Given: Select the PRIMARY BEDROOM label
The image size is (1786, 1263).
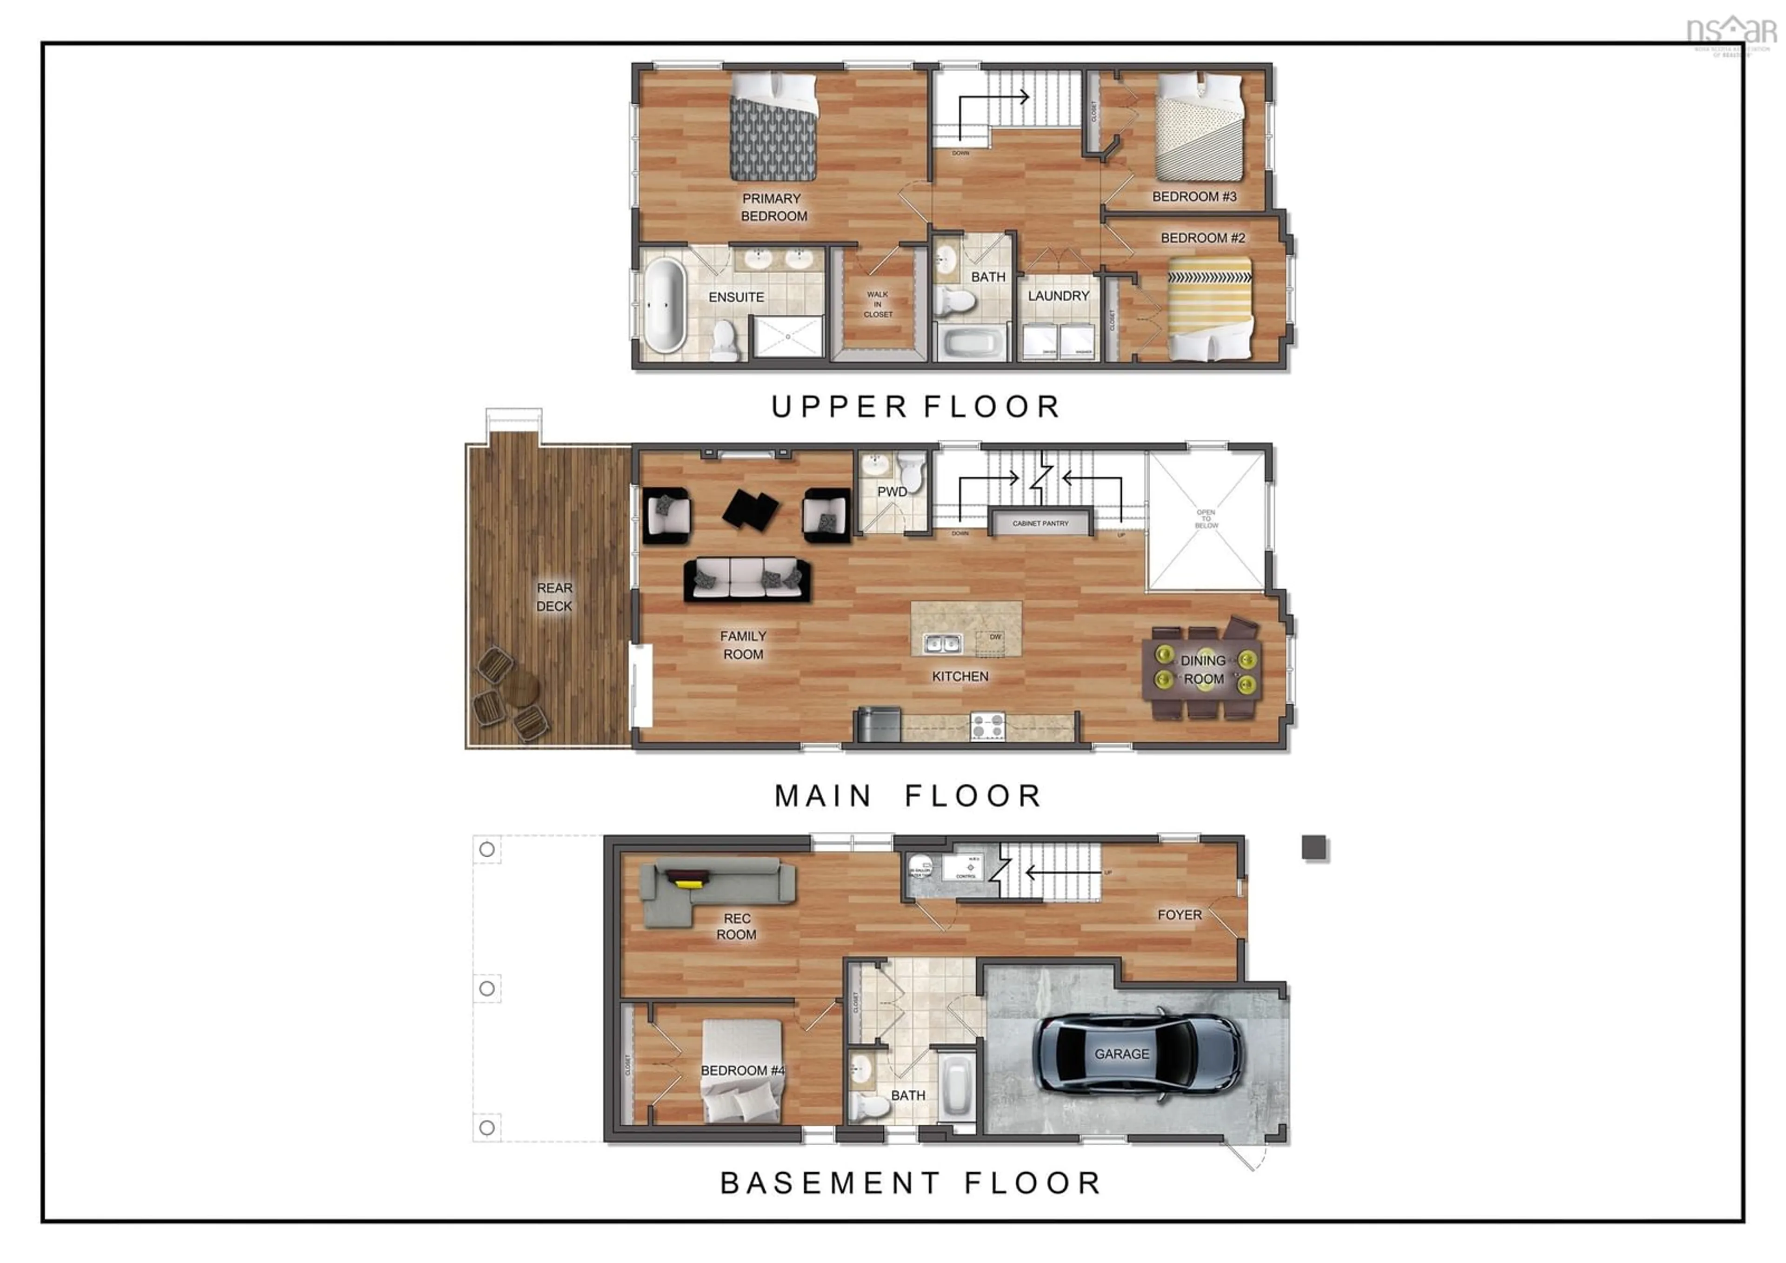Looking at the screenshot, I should [773, 208].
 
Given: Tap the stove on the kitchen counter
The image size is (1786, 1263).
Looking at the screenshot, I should [987, 727].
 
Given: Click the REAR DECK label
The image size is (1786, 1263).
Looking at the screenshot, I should [554, 597].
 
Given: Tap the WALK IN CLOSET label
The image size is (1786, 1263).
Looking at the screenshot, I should [878, 304].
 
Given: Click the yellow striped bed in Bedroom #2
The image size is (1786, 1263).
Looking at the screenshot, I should [1210, 309].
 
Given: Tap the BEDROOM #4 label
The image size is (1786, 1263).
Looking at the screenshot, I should [742, 1071].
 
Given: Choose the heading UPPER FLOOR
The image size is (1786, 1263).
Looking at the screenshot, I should [916, 407].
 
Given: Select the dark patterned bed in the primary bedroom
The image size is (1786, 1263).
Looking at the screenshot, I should [773, 127].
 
